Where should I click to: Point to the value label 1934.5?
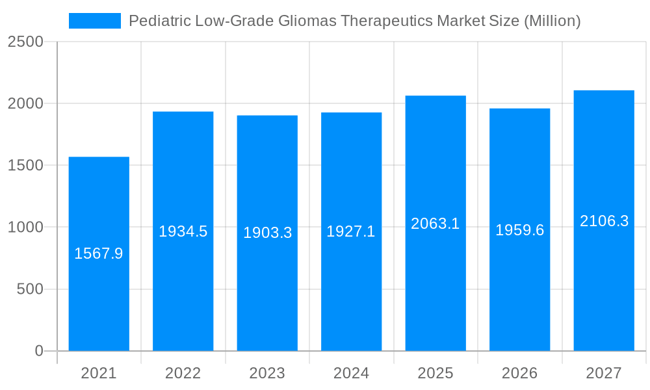[x=183, y=231]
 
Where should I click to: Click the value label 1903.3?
[x=267, y=233]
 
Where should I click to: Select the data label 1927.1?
[x=351, y=231]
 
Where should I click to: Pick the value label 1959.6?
[x=519, y=230]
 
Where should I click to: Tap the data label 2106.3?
[x=604, y=221]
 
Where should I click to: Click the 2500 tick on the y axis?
[x=25, y=42]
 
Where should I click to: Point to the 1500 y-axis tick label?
[x=25, y=166]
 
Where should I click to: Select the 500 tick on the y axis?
[x=30, y=289]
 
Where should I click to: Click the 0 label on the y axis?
[x=38, y=351]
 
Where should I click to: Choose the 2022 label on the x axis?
[x=183, y=373]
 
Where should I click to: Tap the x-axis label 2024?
[x=351, y=373]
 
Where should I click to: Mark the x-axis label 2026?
[x=519, y=373]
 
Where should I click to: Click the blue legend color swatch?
[x=95, y=21]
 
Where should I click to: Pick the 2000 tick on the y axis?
[x=25, y=104]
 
